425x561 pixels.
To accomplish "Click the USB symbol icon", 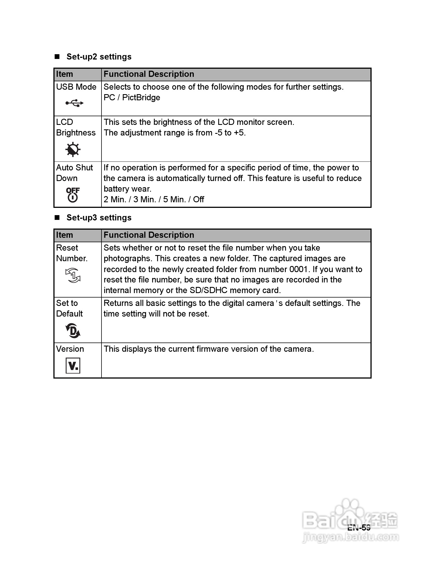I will point(74,103).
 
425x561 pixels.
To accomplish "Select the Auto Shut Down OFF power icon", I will point(73,195).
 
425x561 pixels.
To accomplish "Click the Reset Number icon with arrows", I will point(73,275).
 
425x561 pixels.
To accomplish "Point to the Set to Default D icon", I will point(73,331).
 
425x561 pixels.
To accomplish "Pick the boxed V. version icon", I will point(73,365).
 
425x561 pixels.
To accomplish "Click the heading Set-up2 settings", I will point(99,57).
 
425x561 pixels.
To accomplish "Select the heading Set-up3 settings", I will point(99,218).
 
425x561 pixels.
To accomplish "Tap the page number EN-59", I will point(359,527).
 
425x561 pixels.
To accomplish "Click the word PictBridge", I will point(141,98).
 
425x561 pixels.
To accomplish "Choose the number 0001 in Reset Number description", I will point(298,269).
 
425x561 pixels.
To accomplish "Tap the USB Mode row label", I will point(76,87).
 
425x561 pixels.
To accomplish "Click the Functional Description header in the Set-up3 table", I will point(149,235).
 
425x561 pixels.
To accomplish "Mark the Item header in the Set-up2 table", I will point(64,74).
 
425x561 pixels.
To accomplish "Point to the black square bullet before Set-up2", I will point(57,57).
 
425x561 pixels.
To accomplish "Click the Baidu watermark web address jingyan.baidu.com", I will point(351,537).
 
